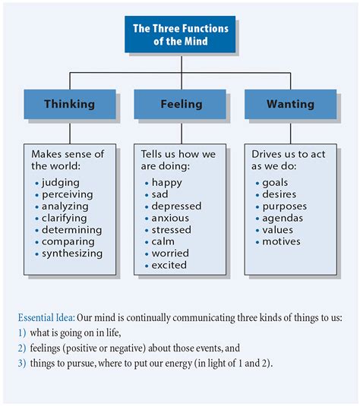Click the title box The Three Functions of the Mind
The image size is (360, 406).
click(181, 34)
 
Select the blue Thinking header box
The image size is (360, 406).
click(70, 104)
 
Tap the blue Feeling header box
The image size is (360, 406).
click(181, 104)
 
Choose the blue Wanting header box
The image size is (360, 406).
click(290, 104)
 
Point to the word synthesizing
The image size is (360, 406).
click(73, 253)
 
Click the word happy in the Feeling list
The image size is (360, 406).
click(167, 182)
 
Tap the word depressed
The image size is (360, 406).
click(176, 206)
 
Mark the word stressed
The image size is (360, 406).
click(172, 229)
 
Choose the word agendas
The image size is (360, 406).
click(283, 218)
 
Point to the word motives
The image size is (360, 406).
click(281, 241)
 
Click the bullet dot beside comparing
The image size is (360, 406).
click(37, 242)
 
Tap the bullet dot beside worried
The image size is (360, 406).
click(146, 253)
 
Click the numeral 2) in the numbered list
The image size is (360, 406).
click(21, 348)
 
